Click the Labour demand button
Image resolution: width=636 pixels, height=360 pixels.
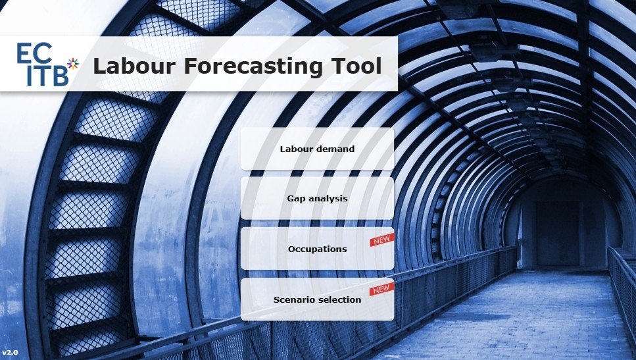coord(317,149)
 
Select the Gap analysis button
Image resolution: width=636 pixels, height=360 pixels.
coord(317,198)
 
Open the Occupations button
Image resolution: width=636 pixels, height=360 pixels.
coord(317,249)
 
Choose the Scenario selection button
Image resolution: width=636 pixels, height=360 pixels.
coord(317,299)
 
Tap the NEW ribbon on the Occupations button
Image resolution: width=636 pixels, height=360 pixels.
coord(381,240)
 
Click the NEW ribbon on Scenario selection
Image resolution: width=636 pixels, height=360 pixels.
coord(381,290)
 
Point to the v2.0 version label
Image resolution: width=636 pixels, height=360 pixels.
coord(10,353)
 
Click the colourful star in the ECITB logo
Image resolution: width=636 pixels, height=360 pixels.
coord(73,63)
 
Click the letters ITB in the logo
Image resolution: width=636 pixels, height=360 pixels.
coord(47,76)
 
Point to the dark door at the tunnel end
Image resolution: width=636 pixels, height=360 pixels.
coord(558,233)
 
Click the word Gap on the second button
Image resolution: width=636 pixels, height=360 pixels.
coord(295,198)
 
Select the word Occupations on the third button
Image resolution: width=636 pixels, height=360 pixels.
coord(317,249)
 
